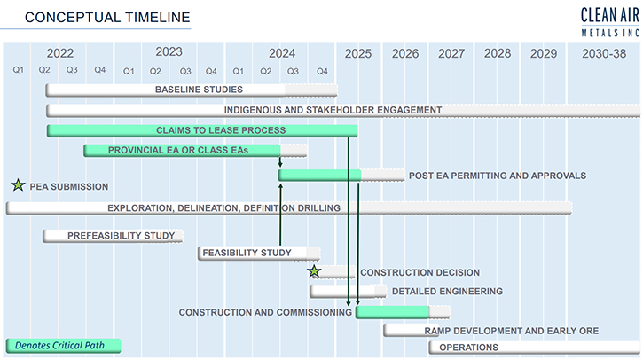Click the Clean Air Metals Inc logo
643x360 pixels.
point(610,22)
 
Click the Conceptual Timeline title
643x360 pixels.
point(107,17)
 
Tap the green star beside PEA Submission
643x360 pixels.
point(18,185)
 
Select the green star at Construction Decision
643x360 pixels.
point(314,271)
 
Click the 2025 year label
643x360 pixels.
point(358,54)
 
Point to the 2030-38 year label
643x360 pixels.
point(604,54)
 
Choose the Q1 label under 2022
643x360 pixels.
point(18,70)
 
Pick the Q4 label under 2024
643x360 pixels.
point(322,71)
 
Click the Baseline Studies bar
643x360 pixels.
point(192,90)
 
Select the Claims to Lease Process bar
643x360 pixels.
point(202,131)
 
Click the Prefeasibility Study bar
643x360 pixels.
point(113,236)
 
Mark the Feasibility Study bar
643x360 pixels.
point(259,253)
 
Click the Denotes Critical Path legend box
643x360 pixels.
point(64,346)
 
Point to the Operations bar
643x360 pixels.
point(535,348)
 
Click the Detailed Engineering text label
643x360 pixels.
point(447,292)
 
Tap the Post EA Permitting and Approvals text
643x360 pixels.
point(498,176)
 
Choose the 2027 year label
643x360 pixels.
point(451,54)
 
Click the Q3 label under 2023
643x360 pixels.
point(185,71)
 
